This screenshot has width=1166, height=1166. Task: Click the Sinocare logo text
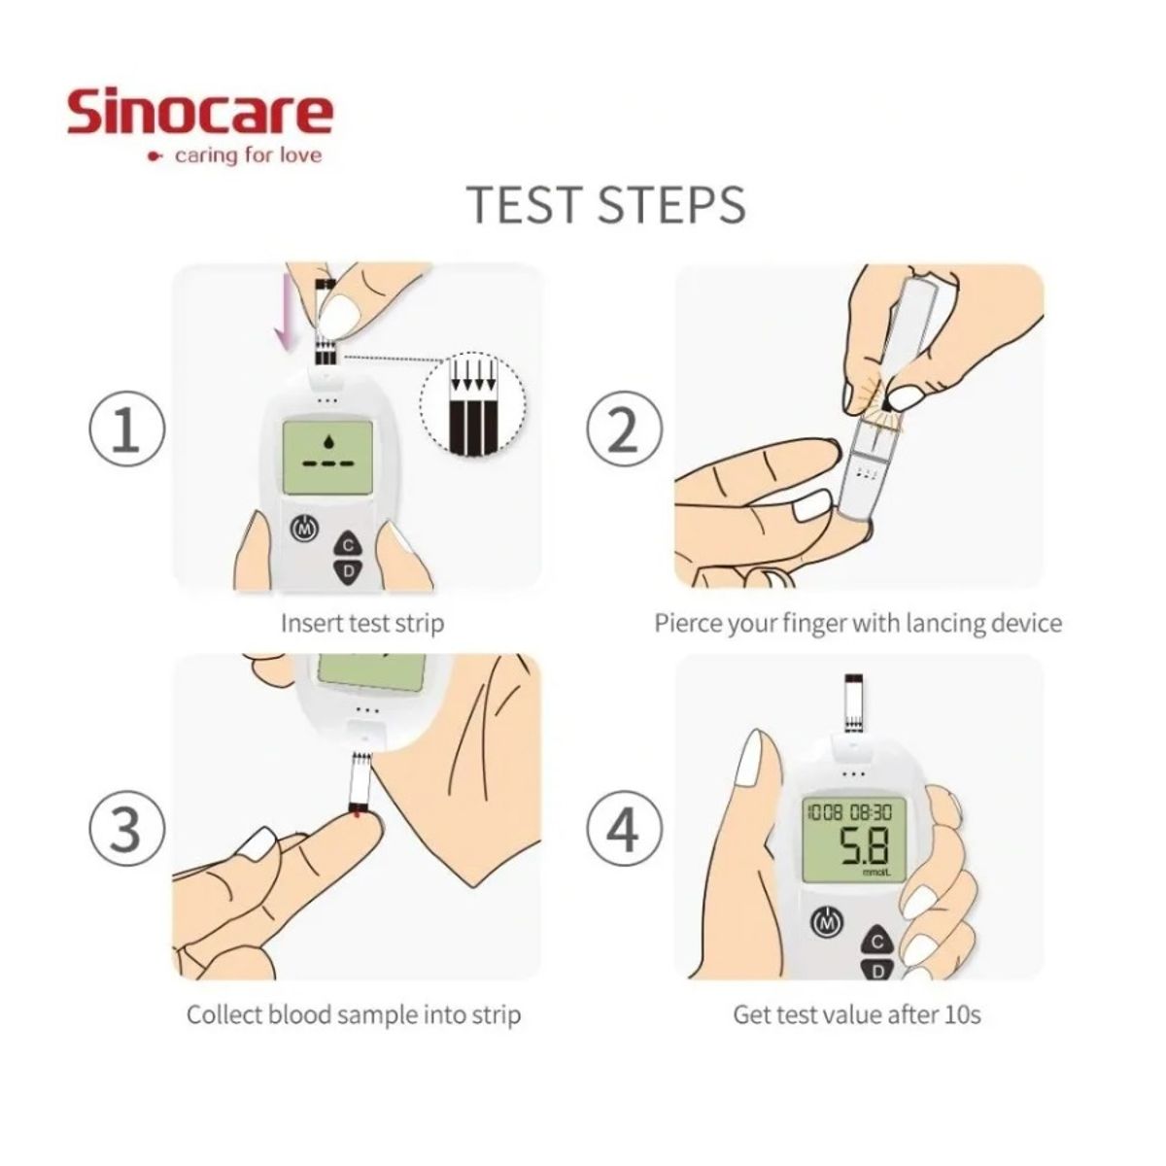click(200, 114)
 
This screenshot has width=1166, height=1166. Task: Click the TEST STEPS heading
click(606, 204)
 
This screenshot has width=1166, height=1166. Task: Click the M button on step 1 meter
click(305, 531)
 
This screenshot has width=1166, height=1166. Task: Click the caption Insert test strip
click(361, 623)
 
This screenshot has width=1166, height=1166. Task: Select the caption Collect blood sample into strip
click(354, 1015)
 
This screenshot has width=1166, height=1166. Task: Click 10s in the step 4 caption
click(961, 1015)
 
